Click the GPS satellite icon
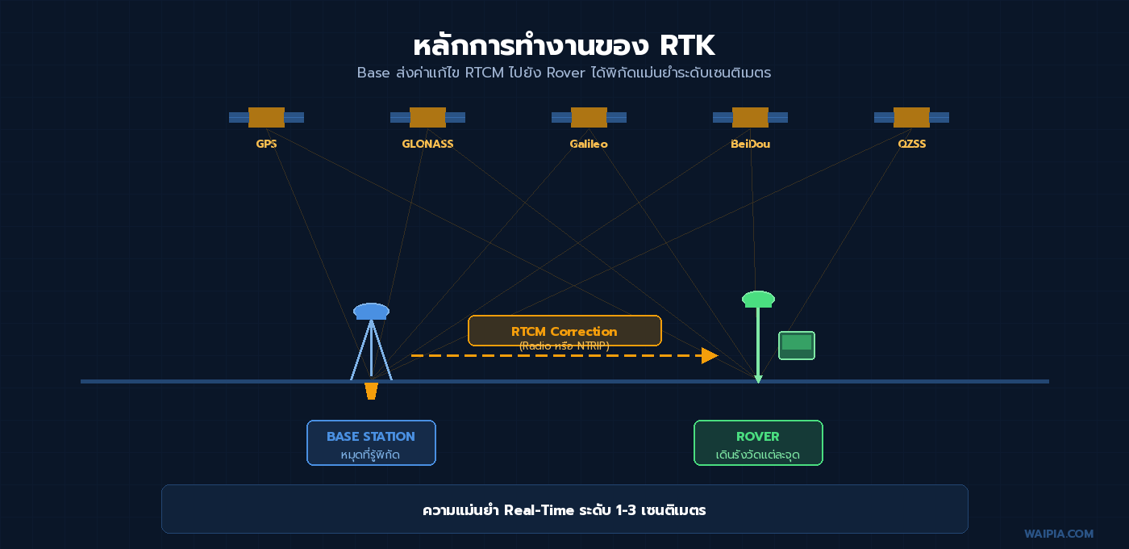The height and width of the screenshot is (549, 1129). coord(266,117)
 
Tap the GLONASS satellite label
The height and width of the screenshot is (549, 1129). coord(427,144)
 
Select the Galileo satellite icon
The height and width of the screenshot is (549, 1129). coord(589,117)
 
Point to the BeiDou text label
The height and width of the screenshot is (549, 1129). coord(750,144)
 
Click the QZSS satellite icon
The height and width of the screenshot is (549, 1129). coord(911,117)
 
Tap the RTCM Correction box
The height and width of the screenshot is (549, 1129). coord(564,330)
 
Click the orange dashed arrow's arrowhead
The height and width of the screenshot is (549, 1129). coord(710,355)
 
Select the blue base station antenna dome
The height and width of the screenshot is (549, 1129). coord(371,311)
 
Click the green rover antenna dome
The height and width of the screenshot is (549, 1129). coord(758,299)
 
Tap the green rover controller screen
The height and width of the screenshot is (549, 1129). coord(797,344)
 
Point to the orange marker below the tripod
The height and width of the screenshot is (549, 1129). coord(371,391)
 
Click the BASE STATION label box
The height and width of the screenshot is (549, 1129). coord(371,442)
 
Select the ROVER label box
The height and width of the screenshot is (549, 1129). coord(758,442)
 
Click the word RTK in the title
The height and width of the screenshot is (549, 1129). coord(686,45)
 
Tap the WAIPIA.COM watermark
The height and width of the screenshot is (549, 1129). coord(1059,534)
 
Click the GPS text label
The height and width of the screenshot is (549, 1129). coord(266,144)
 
